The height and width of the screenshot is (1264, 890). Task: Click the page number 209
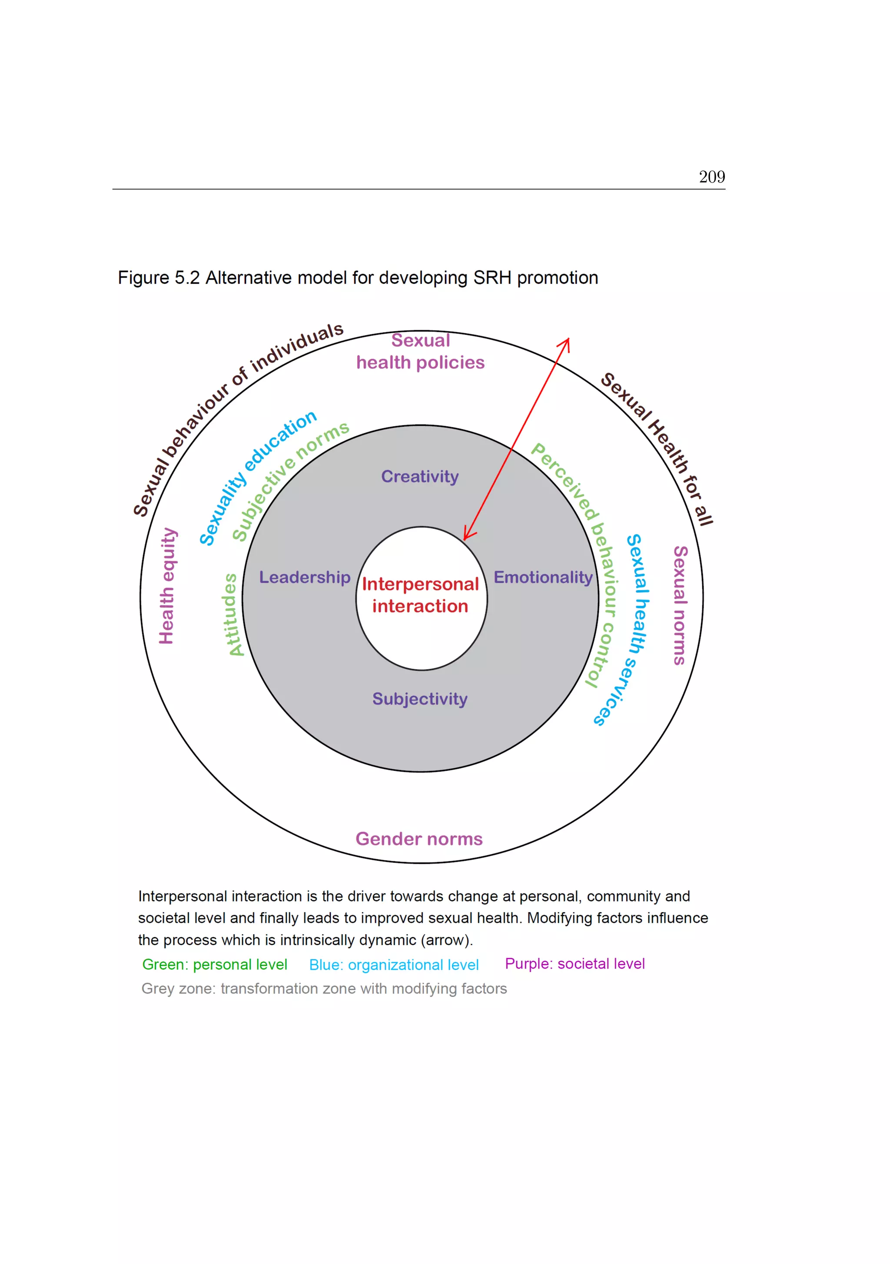[711, 177]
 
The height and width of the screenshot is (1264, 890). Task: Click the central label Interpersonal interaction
[420, 595]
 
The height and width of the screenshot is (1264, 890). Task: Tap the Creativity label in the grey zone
[420, 476]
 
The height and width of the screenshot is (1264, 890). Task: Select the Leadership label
[305, 577]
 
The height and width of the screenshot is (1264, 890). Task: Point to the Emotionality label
[543, 577]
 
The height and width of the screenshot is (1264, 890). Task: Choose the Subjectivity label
[420, 699]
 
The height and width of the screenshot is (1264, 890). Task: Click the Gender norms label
[419, 839]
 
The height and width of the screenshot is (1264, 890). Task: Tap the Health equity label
[167, 586]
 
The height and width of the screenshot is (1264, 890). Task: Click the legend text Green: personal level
[215, 965]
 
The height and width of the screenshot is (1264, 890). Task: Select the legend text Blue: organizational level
[394, 965]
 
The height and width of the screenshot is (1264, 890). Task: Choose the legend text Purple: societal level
[575, 963]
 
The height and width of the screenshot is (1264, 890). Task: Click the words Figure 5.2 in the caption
[159, 278]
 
